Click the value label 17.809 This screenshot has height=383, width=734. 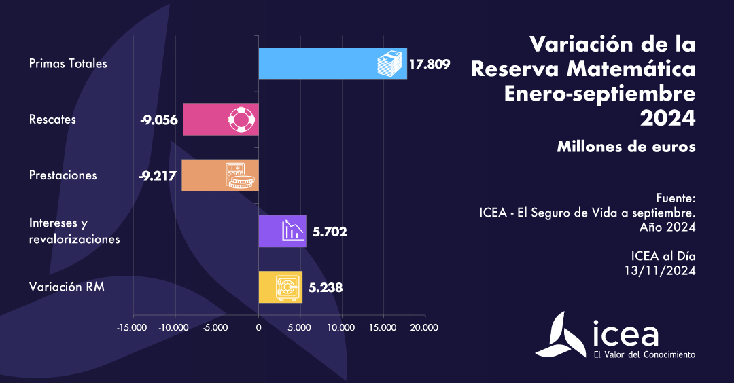coord(430,65)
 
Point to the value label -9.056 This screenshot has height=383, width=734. coord(159,120)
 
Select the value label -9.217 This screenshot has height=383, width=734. coord(158,175)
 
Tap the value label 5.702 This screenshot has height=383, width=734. coord(330,232)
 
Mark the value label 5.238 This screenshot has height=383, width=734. coord(326,287)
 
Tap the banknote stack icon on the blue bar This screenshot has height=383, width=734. coord(391,64)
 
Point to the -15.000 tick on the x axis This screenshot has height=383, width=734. coord(133,327)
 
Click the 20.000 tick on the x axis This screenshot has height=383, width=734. coord(425,327)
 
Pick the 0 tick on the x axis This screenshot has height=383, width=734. coord(258,327)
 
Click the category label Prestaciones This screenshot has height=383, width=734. coord(63,175)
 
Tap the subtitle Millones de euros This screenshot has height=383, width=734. coord(626,146)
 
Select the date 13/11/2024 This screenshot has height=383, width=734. coord(660,270)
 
